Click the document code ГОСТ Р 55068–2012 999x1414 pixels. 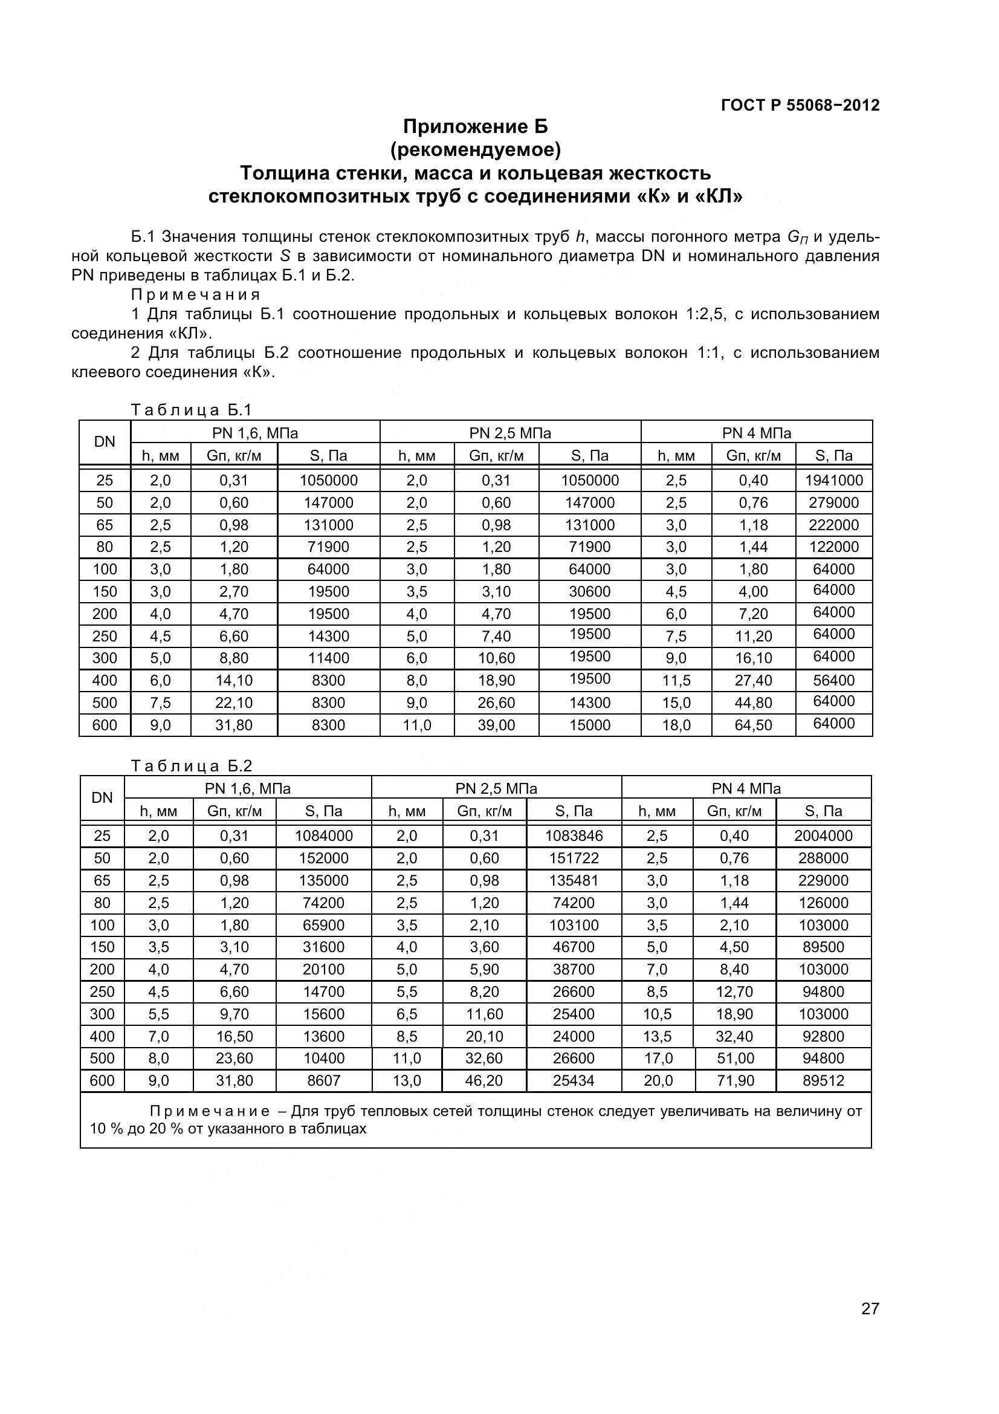coord(800,105)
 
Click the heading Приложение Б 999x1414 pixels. coord(475,126)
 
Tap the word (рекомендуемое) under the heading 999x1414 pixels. coord(475,150)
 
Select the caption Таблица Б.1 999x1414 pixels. coord(192,409)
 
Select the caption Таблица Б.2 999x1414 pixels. coord(192,765)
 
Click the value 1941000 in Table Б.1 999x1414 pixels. coord(833,481)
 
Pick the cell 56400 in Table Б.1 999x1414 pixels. coord(833,681)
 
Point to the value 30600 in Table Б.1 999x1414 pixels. coord(589,592)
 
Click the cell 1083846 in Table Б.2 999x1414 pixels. coord(574,835)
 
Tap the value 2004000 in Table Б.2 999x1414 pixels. coord(823,835)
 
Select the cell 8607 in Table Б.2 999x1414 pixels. coord(323,1081)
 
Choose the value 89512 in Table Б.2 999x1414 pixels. coord(823,1081)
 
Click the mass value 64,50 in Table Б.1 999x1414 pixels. coord(753,725)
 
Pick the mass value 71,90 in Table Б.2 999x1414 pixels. coord(735,1081)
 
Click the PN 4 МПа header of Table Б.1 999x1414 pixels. coord(756,433)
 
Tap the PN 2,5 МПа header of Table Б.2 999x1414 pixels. coord(496,789)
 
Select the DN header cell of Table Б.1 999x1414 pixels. coord(104,441)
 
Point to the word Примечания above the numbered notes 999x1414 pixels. coord(196,294)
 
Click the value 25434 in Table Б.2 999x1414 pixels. coord(574,1081)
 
